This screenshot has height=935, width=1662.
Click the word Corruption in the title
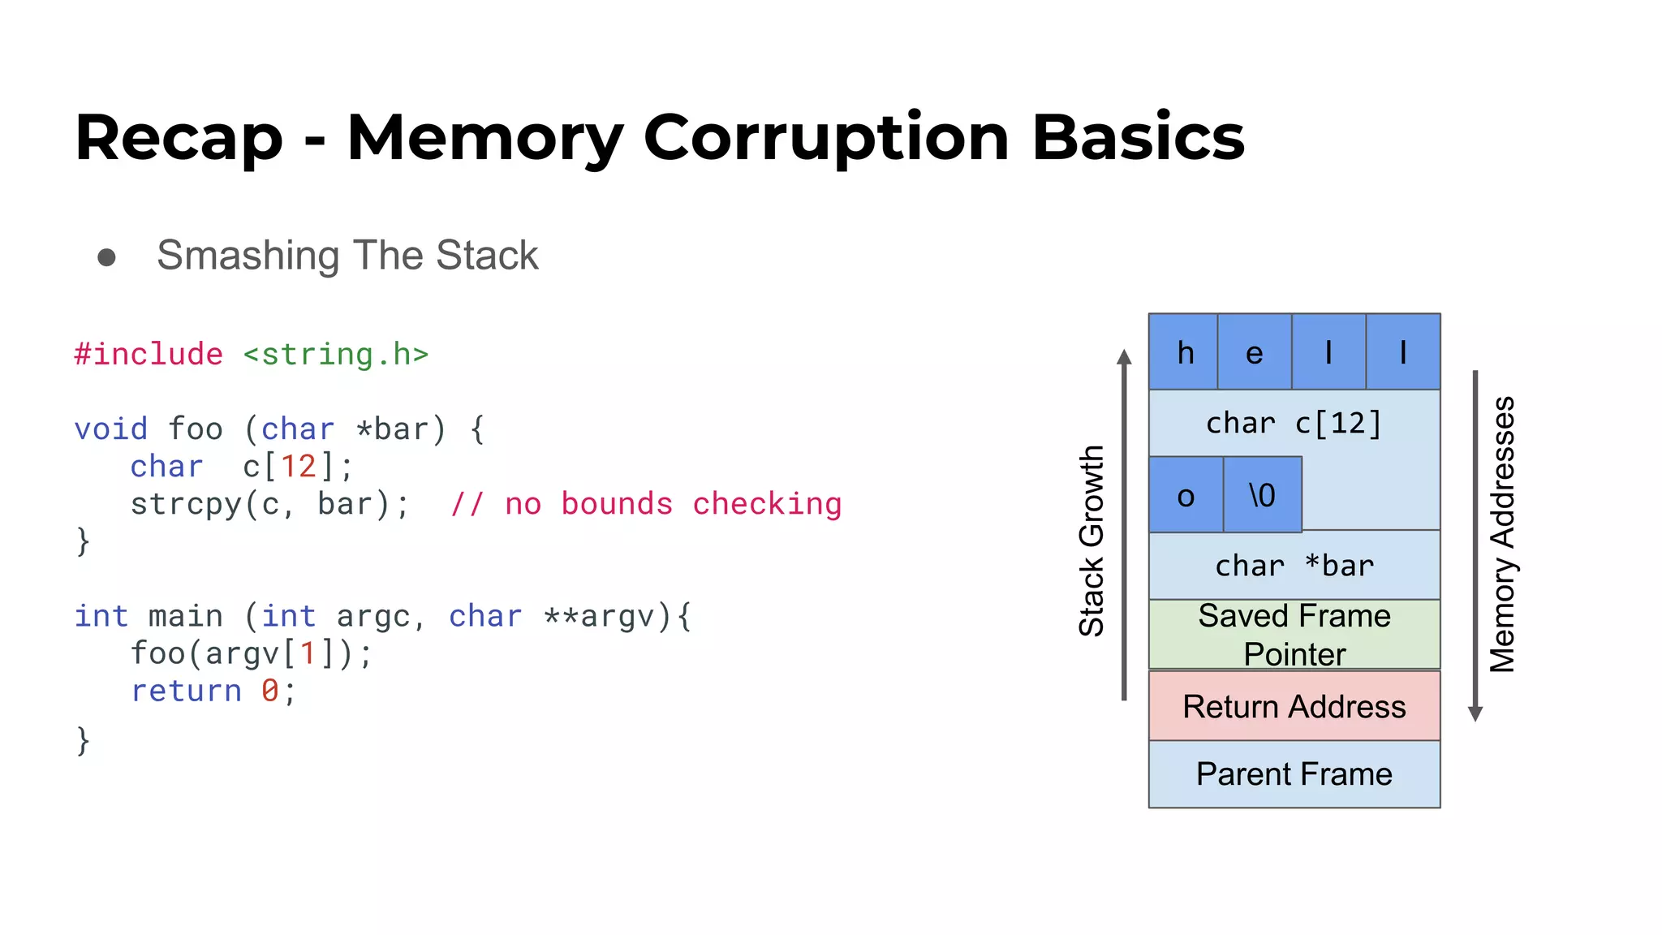point(825,138)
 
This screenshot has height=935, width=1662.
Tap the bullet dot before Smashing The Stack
point(106,257)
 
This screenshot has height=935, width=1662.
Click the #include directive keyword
point(149,355)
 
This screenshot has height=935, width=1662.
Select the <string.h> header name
point(335,355)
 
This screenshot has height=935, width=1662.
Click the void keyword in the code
point(111,429)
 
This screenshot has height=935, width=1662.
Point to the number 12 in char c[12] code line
point(298,467)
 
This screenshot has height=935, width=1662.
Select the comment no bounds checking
point(647,504)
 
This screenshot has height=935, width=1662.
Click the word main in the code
point(185,616)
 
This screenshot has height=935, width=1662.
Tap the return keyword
point(187,691)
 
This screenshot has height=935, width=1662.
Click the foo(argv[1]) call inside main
point(251,653)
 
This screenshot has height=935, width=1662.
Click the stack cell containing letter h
point(1184,352)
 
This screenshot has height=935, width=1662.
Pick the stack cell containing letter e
point(1254,352)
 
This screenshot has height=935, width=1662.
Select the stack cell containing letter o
point(1186,495)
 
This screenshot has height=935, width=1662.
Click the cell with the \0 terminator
point(1262,495)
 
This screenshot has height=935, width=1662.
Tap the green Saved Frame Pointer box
point(1294,635)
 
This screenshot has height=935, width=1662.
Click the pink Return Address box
point(1294,706)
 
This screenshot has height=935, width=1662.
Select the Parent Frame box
point(1294,774)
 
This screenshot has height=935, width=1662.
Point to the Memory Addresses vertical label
point(1502,534)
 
